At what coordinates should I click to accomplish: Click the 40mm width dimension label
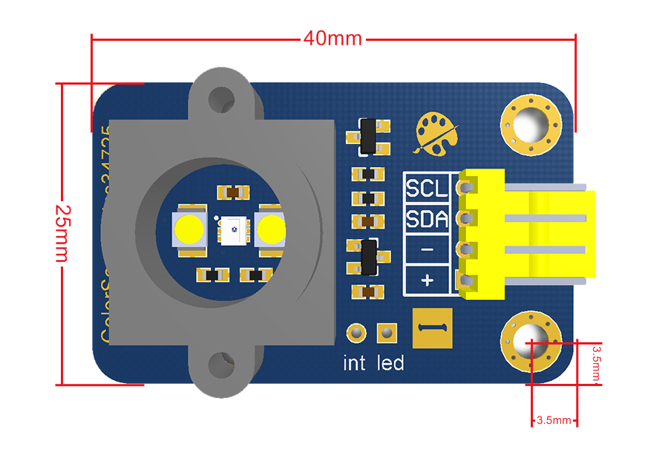coord(333,38)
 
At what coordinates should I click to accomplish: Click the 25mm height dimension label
coord(62,232)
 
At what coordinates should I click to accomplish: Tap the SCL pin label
coord(427,189)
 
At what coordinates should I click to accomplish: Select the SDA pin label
coord(427,220)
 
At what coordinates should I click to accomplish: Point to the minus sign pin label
coord(427,249)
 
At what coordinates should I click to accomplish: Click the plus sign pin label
coord(427,281)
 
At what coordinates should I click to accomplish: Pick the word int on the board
coord(355,363)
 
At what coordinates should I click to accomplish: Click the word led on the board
coord(390,363)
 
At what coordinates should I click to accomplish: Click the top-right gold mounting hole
coord(530,122)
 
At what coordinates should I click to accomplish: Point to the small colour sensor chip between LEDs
coord(231,229)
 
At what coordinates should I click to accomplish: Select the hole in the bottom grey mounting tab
coord(220,364)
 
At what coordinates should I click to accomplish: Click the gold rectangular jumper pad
coord(432,327)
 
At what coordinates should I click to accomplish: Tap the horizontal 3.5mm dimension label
coord(553,420)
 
